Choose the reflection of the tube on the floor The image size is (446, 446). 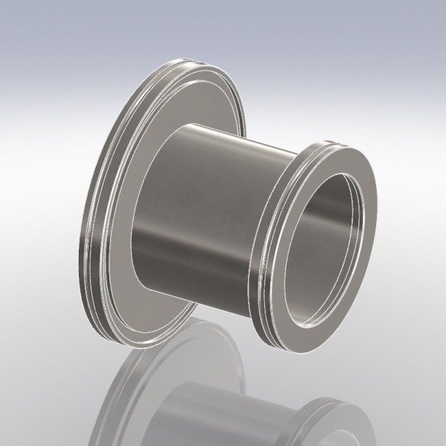tap(223, 416)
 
